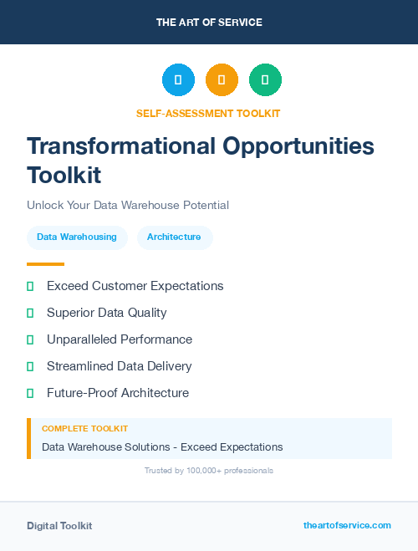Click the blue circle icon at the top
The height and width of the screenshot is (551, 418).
click(x=178, y=79)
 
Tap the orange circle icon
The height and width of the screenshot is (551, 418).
click(x=222, y=79)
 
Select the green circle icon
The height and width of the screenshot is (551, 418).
click(x=265, y=79)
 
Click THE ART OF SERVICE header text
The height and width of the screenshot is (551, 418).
click(x=209, y=23)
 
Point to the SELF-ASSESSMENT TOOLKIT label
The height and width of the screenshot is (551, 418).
click(x=208, y=113)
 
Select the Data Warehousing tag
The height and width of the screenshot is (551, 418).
click(x=77, y=237)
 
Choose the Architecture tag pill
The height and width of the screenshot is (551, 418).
click(x=174, y=237)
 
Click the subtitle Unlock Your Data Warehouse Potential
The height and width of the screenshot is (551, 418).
click(x=128, y=205)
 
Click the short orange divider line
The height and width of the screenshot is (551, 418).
click(x=45, y=264)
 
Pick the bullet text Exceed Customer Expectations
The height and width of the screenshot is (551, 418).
click(x=135, y=286)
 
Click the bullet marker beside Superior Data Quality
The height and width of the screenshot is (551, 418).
click(x=30, y=313)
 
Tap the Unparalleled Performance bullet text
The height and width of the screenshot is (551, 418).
click(x=120, y=339)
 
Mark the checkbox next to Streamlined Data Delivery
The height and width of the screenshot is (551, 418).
click(x=30, y=366)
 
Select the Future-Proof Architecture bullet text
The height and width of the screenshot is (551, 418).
click(x=118, y=393)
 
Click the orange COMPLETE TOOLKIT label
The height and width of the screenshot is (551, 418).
click(x=84, y=429)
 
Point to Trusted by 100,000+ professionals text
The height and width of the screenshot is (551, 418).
click(x=209, y=471)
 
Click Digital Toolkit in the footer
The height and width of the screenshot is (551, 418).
click(x=59, y=526)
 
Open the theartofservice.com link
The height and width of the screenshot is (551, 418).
click(x=347, y=525)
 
